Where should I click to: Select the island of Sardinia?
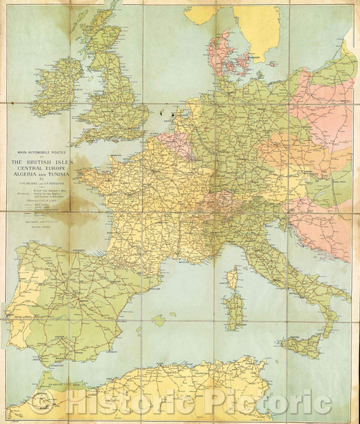(234, 311)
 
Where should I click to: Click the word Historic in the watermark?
(129, 403)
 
